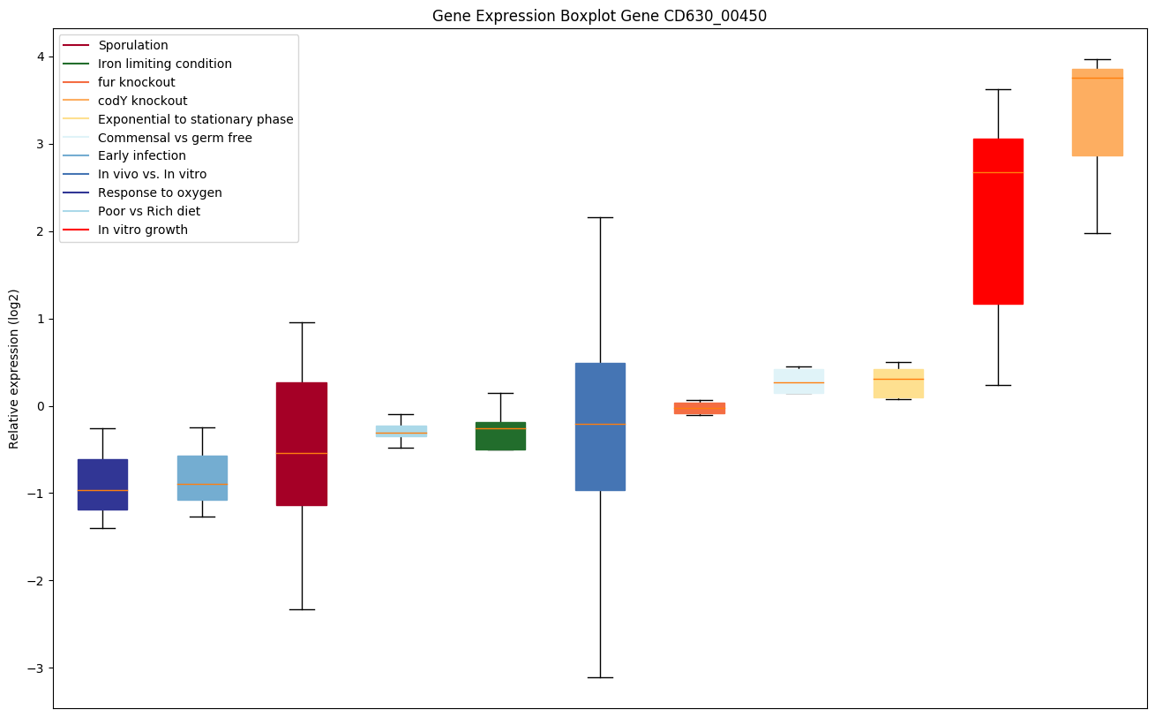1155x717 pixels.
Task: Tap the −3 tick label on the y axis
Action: [x=37, y=668]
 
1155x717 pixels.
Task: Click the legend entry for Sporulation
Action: [x=133, y=45]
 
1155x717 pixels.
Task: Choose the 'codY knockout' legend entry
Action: [x=143, y=101]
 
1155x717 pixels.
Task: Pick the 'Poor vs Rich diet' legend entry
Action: [x=149, y=211]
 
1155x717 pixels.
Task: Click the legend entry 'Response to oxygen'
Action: [x=160, y=192]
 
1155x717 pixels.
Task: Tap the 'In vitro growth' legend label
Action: [x=143, y=230]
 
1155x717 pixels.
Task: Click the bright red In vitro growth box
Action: [x=998, y=221]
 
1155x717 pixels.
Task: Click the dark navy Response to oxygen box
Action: [x=102, y=484]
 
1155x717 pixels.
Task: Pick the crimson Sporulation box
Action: [x=302, y=424]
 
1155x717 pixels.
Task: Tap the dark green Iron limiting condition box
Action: [x=500, y=436]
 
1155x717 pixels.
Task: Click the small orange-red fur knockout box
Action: [x=700, y=408]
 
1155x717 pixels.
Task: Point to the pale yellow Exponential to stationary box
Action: [x=898, y=383]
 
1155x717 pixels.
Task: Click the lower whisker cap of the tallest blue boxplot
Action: [x=600, y=677]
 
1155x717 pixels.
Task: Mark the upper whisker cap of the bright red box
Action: [x=998, y=89]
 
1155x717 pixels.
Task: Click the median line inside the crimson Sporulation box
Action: [x=302, y=453]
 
